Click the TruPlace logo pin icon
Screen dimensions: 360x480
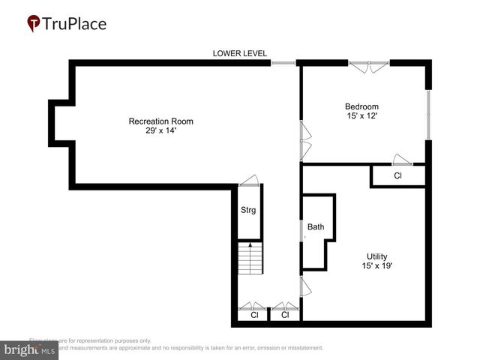(33, 23)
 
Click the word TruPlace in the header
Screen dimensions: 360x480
(75, 23)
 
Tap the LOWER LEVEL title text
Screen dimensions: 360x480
(240, 53)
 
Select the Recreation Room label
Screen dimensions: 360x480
(161, 121)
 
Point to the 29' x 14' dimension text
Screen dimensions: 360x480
(161, 131)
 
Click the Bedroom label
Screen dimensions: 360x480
(361, 106)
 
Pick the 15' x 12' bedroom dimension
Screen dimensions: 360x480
(361, 116)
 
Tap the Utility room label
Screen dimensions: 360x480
(377, 256)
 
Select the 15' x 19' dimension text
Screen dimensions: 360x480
(377, 266)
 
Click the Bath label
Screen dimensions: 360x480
(316, 226)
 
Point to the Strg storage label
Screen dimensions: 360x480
(248, 210)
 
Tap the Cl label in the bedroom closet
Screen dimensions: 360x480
(398, 176)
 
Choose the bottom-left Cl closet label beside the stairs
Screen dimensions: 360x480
(254, 316)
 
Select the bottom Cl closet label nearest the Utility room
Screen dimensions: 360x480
(285, 316)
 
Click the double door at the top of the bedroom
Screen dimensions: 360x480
(368, 67)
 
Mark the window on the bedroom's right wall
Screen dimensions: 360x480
(428, 115)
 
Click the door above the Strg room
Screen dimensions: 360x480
(249, 181)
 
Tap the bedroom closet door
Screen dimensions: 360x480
(402, 160)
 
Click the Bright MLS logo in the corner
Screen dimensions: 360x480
(30, 350)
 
